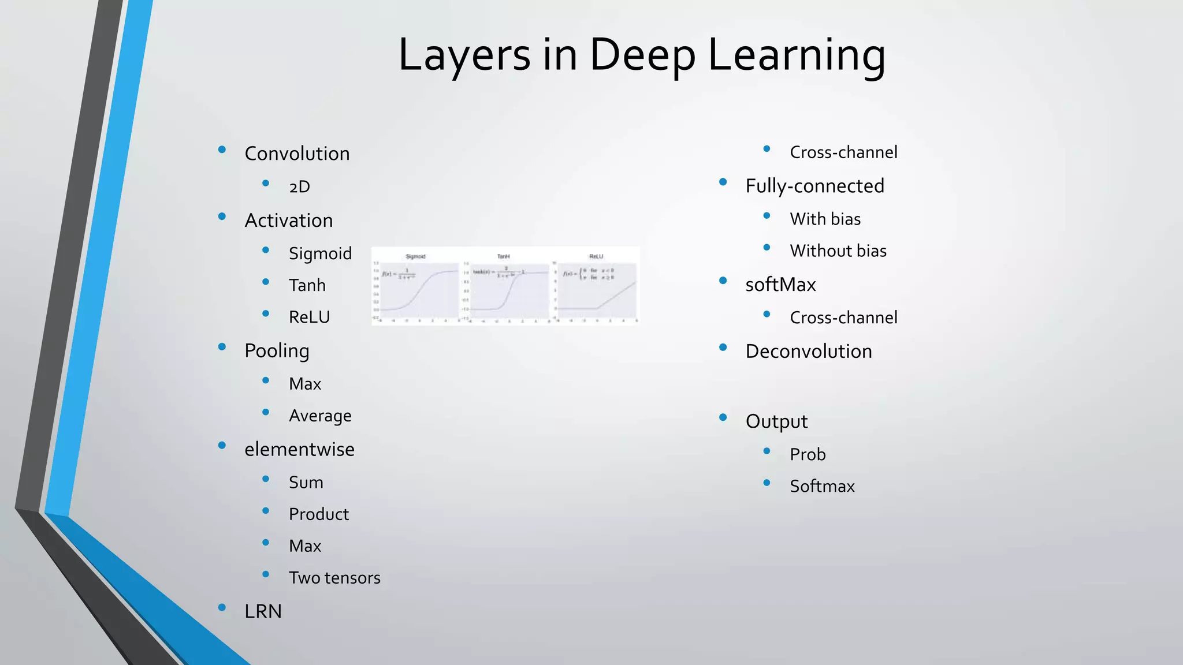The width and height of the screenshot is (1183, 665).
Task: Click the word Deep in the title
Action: coord(642,55)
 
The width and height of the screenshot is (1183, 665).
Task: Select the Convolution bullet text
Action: coord(297,154)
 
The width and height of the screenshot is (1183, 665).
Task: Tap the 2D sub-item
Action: coord(299,186)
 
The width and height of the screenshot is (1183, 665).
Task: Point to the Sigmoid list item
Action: coord(320,253)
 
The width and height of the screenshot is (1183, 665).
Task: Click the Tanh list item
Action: coord(307,285)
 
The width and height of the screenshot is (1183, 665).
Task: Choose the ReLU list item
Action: coord(309,317)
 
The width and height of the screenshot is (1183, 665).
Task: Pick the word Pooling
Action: coord(277,351)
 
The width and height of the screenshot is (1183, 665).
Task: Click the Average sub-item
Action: coord(320,416)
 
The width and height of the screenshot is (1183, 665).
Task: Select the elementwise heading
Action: coord(299,449)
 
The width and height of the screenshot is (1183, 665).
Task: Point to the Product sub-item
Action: coord(319,514)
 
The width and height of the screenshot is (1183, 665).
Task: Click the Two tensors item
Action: coord(334,577)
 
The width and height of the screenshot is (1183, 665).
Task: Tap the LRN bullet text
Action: coord(263,611)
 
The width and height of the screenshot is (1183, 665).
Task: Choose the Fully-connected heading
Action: coord(814,186)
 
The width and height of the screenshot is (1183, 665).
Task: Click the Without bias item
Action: coord(838,251)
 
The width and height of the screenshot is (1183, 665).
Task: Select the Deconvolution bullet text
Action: coord(809,352)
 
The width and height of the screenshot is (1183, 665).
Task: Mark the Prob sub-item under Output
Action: coord(808,454)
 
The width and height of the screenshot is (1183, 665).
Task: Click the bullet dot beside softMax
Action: coord(723,281)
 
